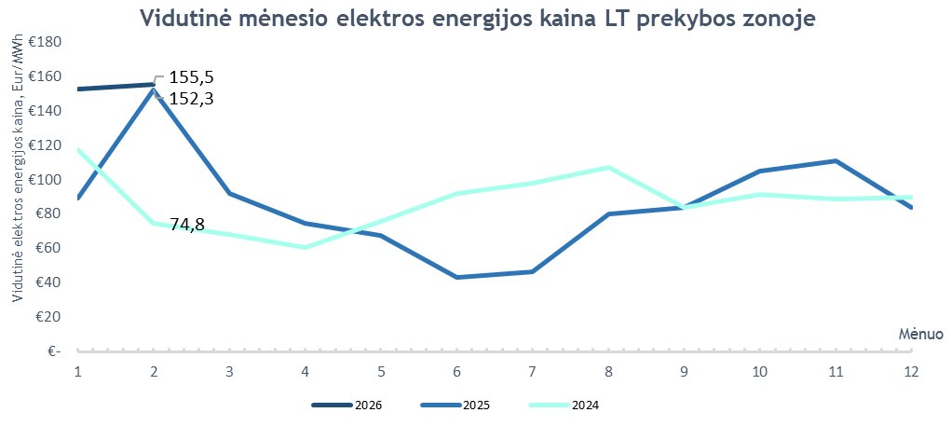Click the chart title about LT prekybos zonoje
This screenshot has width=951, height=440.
[x=476, y=20]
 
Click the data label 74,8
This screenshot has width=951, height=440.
[x=187, y=224]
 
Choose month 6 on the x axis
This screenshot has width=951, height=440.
[x=456, y=371]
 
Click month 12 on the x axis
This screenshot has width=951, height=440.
[x=911, y=371]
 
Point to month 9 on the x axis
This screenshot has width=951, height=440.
[x=684, y=371]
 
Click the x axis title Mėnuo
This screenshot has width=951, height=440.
[x=920, y=333]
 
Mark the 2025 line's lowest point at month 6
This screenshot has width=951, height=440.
[x=456, y=277]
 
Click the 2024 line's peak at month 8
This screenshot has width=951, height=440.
[x=608, y=168]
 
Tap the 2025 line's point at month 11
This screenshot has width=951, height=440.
[x=836, y=161]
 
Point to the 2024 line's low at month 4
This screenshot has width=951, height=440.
[x=305, y=247]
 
